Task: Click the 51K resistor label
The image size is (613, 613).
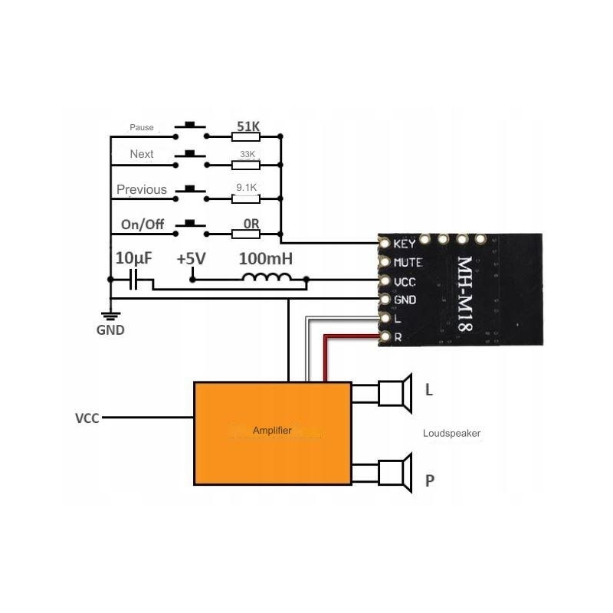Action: [246, 126]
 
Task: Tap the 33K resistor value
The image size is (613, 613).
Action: [247, 154]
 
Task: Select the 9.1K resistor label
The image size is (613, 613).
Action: [247, 185]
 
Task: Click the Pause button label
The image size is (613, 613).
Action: [142, 127]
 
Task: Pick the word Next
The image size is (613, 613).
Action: [142, 154]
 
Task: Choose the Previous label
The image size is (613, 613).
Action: [142, 189]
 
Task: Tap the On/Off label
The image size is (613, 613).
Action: [142, 225]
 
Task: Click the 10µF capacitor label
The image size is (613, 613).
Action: [133, 258]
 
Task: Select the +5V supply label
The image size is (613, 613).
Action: [191, 259]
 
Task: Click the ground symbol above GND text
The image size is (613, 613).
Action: [111, 315]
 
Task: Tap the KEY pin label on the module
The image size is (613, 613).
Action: [404, 244]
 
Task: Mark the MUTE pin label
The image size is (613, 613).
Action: [407, 263]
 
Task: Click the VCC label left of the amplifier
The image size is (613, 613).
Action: [87, 419]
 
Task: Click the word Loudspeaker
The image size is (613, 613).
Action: [451, 434]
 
